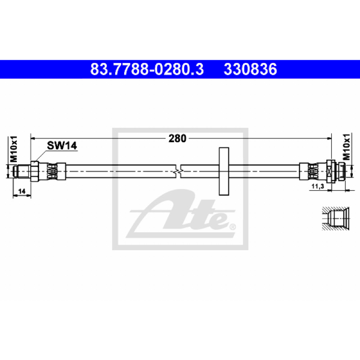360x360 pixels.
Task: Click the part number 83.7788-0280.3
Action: pyautogui.click(x=147, y=69)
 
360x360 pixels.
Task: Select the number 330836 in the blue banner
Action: pyautogui.click(x=250, y=69)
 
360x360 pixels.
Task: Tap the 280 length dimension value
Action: pyautogui.click(x=177, y=139)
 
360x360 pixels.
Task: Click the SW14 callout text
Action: pyautogui.click(x=62, y=145)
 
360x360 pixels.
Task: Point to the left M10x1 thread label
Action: pyautogui.click(x=13, y=149)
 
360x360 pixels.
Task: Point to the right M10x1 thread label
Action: pyautogui.click(x=346, y=147)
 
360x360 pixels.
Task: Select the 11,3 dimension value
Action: pyautogui.click(x=318, y=186)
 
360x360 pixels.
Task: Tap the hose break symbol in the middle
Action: pyautogui.click(x=178, y=171)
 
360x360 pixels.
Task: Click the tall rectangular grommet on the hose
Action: pyautogui.click(x=224, y=171)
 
